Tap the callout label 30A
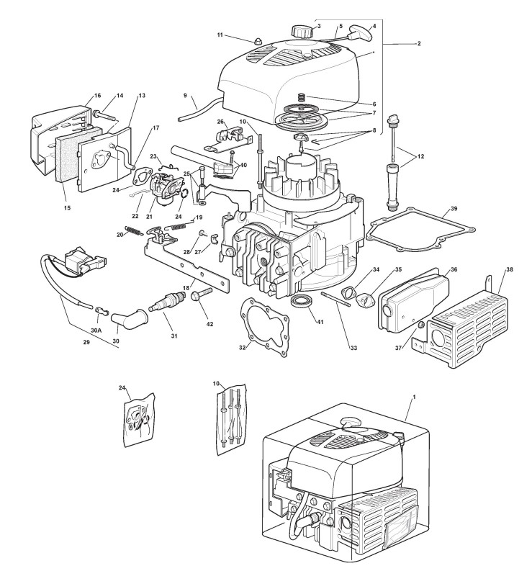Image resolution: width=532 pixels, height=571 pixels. pyautogui.click(x=96, y=330)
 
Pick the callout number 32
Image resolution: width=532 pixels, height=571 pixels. pyautogui.click(x=243, y=347)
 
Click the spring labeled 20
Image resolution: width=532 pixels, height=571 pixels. pyautogui.click(x=134, y=230)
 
